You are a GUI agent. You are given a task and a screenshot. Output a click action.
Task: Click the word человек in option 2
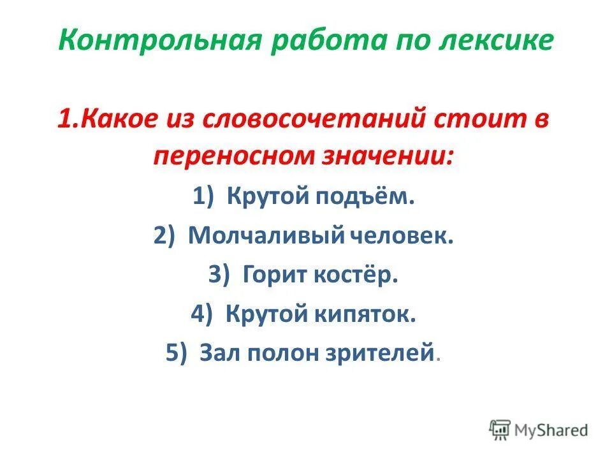pyautogui.click(x=402, y=237)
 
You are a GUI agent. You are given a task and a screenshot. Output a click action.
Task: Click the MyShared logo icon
pyautogui.click(x=500, y=430)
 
